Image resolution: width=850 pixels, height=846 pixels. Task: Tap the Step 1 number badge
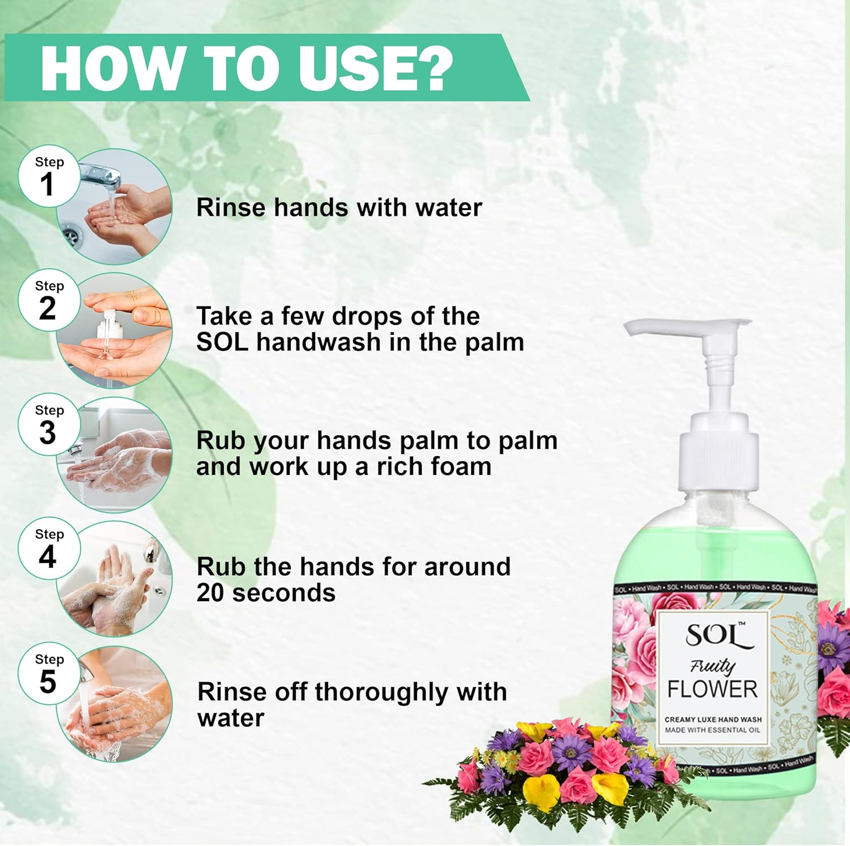coord(49,178)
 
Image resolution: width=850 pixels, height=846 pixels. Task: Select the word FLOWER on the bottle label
coord(712,689)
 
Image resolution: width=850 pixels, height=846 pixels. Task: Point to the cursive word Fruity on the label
coord(712,666)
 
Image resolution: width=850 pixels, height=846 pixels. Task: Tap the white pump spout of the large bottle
coord(680,328)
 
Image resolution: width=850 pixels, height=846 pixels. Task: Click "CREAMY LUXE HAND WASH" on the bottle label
coord(713,719)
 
